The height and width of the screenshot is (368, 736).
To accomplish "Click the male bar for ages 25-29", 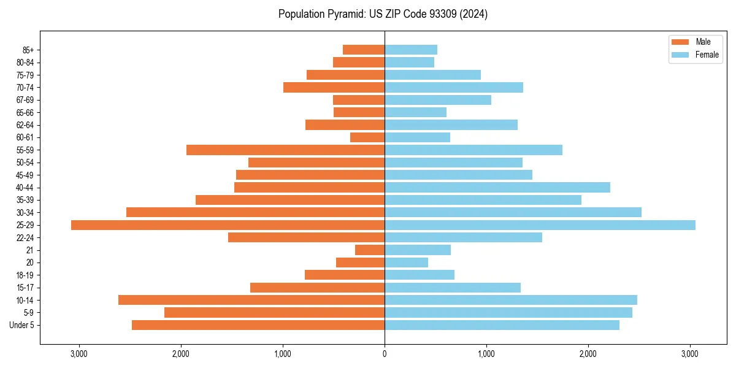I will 228,225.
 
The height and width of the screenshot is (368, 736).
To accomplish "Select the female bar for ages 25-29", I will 540,225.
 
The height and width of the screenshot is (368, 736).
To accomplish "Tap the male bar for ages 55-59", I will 285,150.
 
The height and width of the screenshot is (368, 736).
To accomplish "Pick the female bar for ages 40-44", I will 497,187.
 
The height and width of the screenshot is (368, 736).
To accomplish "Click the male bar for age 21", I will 370,250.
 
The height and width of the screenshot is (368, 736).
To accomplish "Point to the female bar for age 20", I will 406,263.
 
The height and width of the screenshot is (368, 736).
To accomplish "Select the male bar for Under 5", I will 258,325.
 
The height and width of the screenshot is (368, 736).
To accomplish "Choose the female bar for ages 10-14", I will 511,300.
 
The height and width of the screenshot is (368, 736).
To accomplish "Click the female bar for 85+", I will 411,50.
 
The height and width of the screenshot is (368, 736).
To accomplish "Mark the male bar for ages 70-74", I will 334,87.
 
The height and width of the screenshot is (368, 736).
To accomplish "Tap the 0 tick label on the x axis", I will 385,354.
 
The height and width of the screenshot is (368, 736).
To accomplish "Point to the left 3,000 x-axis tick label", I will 79,354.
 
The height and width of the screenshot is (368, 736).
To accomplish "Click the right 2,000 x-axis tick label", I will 588,354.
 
